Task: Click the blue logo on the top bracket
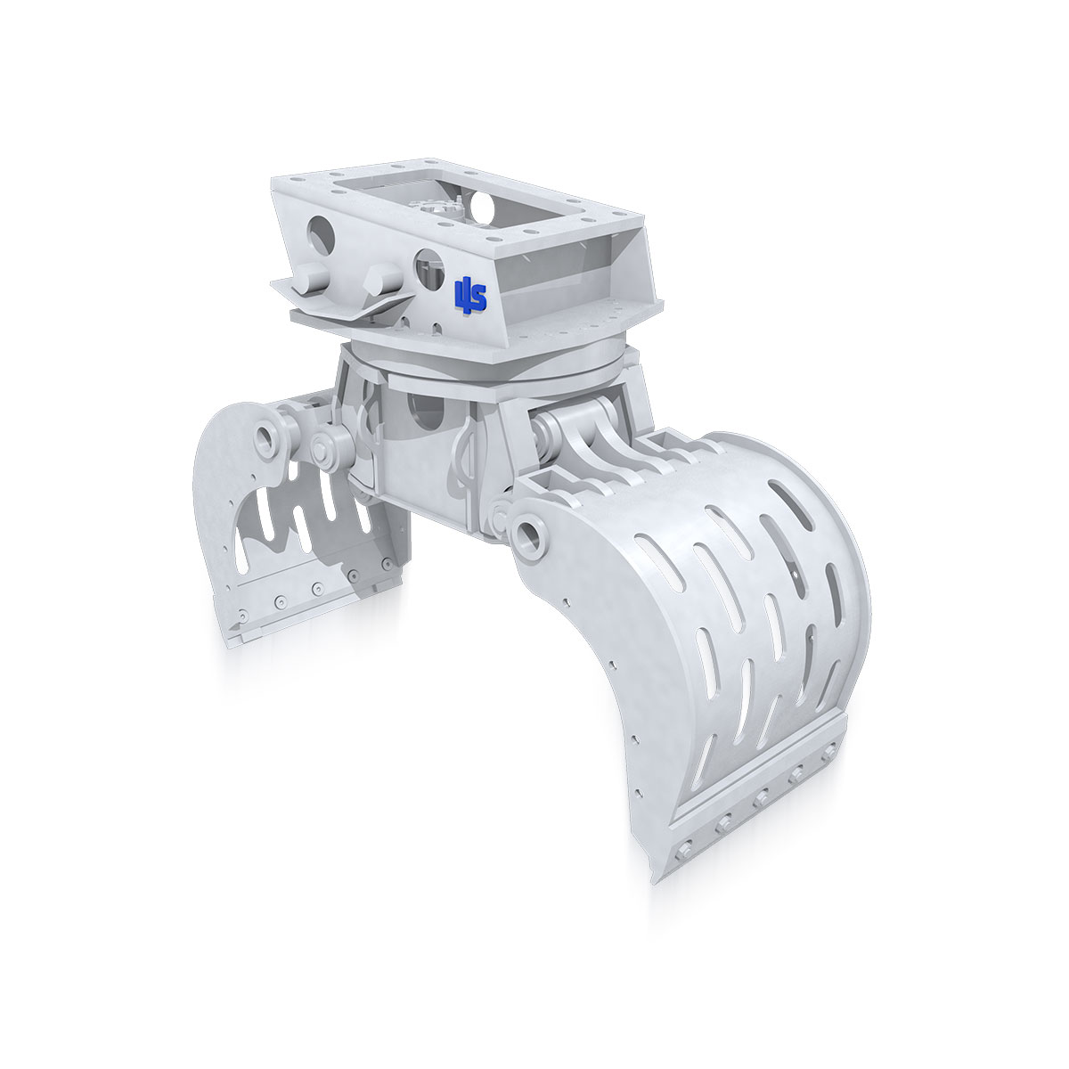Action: click(470, 293)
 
